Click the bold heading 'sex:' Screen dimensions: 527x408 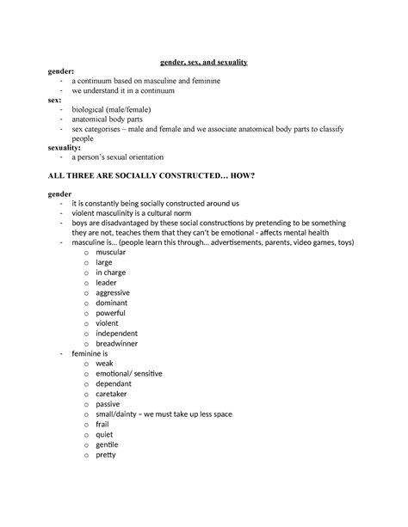click(54, 100)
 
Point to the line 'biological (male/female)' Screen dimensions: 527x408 click(116, 109)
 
